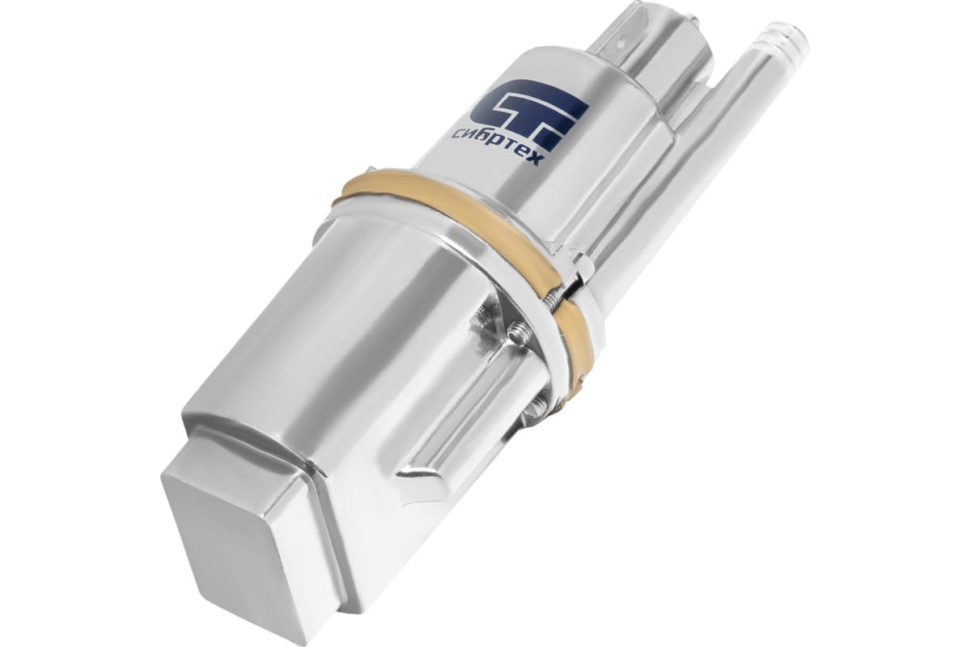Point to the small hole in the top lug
(622, 44)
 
